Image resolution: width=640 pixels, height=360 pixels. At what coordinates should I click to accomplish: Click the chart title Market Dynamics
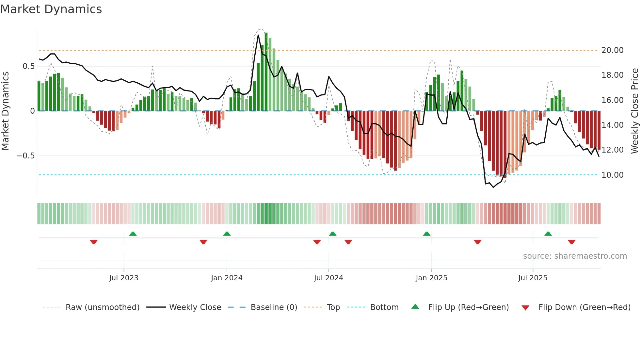pyautogui.click(x=51, y=9)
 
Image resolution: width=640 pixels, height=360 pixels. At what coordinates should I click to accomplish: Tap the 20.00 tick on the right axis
pyautogui.click(x=612, y=50)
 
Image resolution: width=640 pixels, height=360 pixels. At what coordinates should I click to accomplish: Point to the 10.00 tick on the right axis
pyautogui.click(x=612, y=175)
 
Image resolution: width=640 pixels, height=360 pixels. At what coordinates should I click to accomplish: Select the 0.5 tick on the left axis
pyautogui.click(x=28, y=66)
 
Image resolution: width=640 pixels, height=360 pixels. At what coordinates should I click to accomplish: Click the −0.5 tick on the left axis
pyautogui.click(x=25, y=156)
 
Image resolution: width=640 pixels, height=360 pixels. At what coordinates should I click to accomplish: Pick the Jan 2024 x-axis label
pyautogui.click(x=227, y=278)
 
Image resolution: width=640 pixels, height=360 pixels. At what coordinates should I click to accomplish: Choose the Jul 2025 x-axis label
pyautogui.click(x=533, y=278)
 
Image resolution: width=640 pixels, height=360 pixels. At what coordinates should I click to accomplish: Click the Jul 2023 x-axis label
pyautogui.click(x=124, y=278)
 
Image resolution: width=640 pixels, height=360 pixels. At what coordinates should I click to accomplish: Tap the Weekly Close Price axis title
pyautogui.click(x=634, y=111)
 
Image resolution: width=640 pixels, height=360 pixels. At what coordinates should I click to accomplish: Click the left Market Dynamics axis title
pyautogui.click(x=5, y=111)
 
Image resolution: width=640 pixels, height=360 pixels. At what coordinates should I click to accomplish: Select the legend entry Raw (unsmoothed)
pyautogui.click(x=102, y=307)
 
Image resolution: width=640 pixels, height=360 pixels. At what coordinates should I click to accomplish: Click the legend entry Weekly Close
pyautogui.click(x=195, y=307)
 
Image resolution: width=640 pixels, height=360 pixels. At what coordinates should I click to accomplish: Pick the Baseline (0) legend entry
pyautogui.click(x=274, y=307)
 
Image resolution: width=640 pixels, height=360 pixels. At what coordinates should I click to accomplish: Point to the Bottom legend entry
pyautogui.click(x=384, y=307)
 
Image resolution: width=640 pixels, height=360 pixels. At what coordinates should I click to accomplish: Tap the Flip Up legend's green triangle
pyautogui.click(x=415, y=306)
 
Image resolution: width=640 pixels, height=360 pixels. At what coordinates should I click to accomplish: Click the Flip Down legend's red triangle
pyautogui.click(x=525, y=308)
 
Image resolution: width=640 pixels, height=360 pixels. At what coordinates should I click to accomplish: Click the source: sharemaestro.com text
pyautogui.click(x=575, y=256)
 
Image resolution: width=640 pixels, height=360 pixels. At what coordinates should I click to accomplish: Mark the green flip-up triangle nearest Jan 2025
pyautogui.click(x=426, y=234)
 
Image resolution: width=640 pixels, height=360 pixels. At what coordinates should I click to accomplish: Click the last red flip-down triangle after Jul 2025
pyautogui.click(x=571, y=242)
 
